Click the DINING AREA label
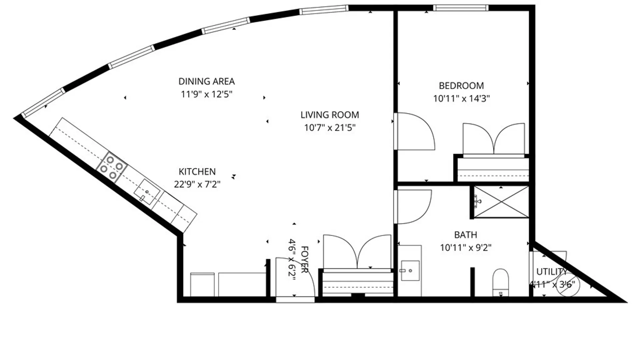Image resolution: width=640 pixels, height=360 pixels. click(206, 81)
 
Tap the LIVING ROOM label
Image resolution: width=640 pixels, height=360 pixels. click(330, 115)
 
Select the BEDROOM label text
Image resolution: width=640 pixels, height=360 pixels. click(461, 86)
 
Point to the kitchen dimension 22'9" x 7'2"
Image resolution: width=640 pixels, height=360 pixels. click(197, 184)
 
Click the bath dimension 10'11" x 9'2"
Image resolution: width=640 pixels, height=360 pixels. click(465, 248)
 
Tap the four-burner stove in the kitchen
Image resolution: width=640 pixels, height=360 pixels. click(112, 168)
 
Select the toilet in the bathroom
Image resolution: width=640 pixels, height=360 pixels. click(500, 282)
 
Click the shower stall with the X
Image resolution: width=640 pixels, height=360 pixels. click(501, 202)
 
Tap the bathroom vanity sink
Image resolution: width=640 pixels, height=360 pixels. click(410, 270)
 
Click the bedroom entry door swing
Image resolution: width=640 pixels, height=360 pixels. click(415, 132)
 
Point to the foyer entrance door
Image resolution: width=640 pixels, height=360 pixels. click(295, 277)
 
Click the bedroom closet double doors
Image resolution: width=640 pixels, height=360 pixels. click(494, 139)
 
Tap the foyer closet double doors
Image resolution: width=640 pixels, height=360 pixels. click(357, 252)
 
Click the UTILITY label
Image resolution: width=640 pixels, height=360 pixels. click(552, 272)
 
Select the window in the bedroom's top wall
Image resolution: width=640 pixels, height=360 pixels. click(461, 8)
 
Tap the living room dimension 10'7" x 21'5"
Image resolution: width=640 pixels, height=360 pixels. click(330, 128)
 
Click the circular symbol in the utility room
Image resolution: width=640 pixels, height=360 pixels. click(568, 285)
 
